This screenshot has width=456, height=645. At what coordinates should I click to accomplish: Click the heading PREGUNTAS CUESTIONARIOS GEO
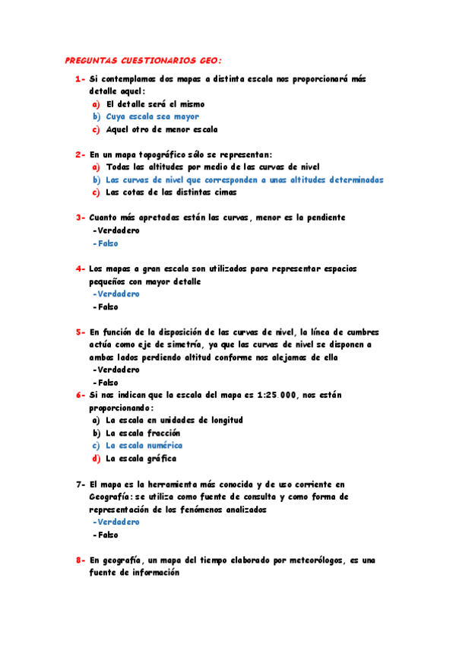tap(144, 60)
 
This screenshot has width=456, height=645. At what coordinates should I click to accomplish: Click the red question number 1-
tap(80, 79)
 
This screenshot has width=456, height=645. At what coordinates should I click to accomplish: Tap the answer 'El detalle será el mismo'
tap(155, 104)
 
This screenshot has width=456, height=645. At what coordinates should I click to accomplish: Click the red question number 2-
tap(80, 154)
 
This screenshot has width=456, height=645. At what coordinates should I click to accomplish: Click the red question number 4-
tap(80, 268)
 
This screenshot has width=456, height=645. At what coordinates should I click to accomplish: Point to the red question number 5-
tap(80, 332)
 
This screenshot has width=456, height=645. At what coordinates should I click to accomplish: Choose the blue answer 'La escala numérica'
tap(144, 446)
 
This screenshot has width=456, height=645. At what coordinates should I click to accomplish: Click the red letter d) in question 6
tap(97, 459)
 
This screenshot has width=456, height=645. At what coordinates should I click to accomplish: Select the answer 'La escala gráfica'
tap(141, 459)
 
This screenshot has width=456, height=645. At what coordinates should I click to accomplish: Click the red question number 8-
tap(80, 560)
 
